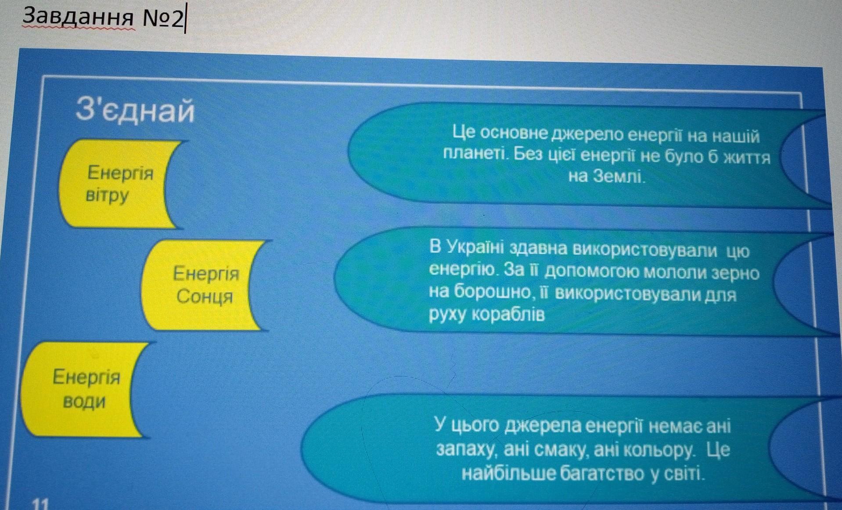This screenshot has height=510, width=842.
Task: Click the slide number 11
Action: click(x=41, y=503)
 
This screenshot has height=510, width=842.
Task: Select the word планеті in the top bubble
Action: click(x=476, y=154)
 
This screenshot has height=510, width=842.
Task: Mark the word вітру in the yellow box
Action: click(x=107, y=195)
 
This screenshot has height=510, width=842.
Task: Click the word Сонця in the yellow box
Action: click(x=205, y=297)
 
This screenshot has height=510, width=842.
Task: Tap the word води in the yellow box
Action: click(x=84, y=401)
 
